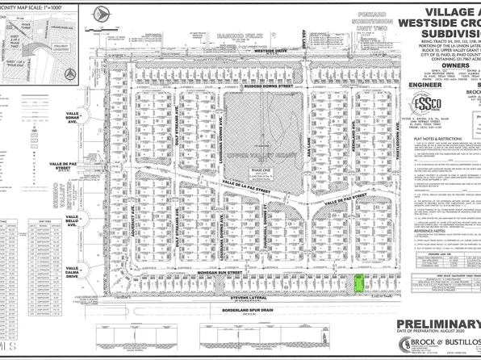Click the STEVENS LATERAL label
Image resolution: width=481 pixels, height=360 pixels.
tap(240, 296)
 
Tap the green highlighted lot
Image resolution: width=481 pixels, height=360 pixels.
tap(358, 284)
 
